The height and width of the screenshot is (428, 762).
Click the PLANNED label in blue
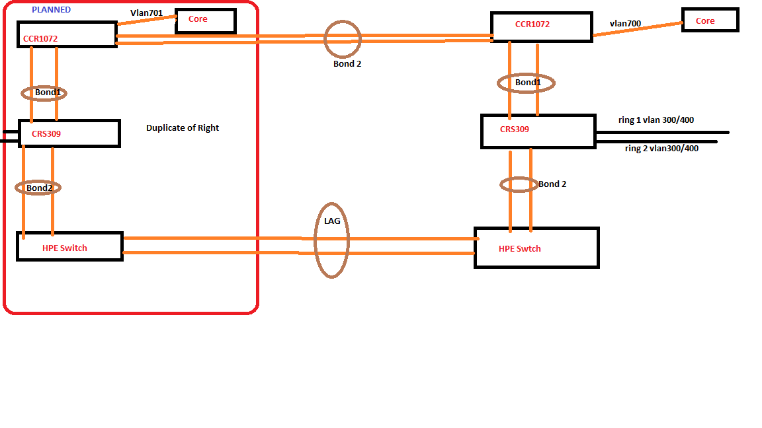point(51,10)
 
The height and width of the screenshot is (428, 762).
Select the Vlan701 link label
point(146,13)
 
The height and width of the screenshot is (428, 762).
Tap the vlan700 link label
point(625,24)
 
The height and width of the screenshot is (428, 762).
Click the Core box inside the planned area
point(205,20)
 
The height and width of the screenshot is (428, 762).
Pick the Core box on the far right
point(710,20)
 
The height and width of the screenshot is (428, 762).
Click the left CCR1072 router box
point(67,34)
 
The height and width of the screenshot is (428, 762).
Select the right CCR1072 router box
point(541,26)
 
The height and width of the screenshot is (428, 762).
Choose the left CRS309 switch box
point(69,133)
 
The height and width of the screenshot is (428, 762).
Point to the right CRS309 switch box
point(538,131)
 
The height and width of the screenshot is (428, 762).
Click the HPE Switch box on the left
point(69,246)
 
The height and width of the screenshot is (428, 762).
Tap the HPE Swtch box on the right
point(536,248)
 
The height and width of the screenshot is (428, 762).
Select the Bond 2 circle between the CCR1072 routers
point(343,38)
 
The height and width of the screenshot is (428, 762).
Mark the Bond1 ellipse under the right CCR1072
point(526,83)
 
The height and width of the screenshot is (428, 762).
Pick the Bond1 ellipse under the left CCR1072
point(46,92)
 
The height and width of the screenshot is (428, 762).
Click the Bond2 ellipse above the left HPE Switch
point(38,188)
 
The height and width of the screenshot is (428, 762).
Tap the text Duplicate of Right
point(183,127)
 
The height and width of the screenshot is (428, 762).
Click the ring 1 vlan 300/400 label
point(656,120)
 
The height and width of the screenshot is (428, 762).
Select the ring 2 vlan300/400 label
point(661,149)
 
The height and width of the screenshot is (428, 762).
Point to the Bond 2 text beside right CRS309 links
point(552,184)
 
